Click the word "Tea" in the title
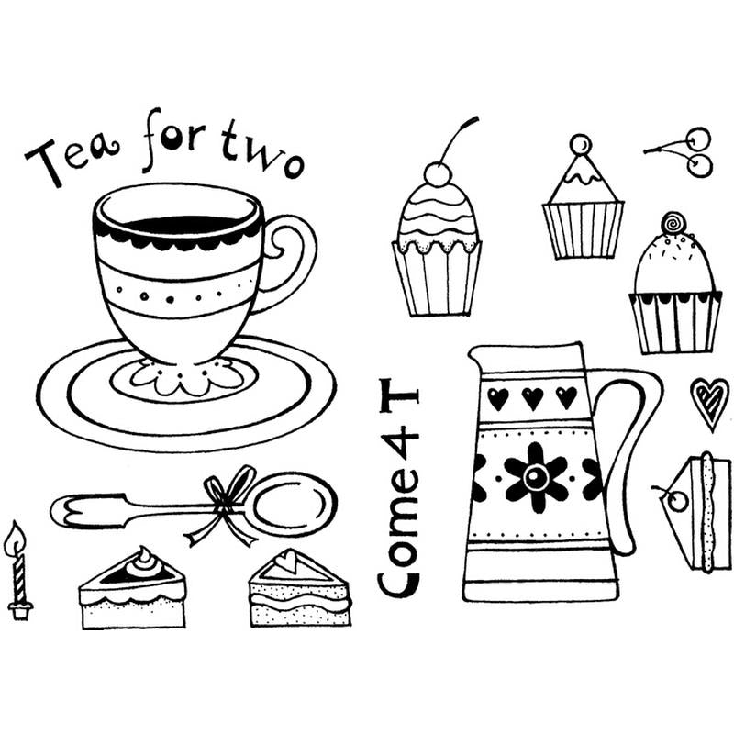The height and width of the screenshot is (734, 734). [72, 158]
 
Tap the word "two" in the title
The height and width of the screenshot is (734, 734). [261, 150]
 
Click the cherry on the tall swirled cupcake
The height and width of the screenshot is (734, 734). [438, 174]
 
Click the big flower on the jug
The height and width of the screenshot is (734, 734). [536, 476]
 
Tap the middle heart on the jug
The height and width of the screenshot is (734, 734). [532, 398]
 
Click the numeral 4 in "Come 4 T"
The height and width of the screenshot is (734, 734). [399, 446]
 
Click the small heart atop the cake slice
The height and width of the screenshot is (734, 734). [287, 560]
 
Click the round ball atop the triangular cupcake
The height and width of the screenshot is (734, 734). [581, 144]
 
